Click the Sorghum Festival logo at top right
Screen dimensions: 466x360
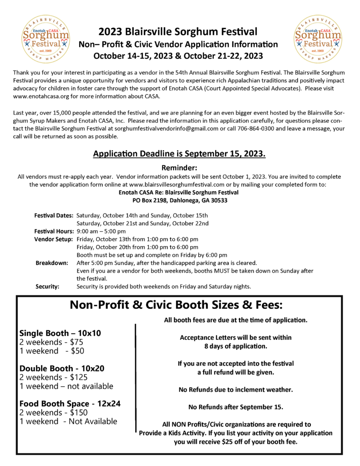click(317, 39)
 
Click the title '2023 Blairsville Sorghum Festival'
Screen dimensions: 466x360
click(178, 32)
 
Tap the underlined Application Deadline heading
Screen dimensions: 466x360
click(179, 154)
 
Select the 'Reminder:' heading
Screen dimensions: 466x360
click(179, 167)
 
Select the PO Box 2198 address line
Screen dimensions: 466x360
click(179, 200)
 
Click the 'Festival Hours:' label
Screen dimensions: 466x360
click(54, 231)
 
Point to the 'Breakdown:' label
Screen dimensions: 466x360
click(52, 263)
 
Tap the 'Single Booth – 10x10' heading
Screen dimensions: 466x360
click(60, 333)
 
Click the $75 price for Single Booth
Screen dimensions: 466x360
click(75, 342)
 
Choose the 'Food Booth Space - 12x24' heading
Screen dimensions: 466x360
click(70, 403)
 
